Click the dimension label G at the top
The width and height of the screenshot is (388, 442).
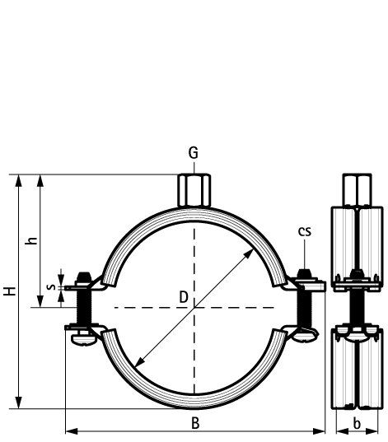pos(194,153)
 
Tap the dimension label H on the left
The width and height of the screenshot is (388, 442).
pos(8,291)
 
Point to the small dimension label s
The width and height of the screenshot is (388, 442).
pos(51,287)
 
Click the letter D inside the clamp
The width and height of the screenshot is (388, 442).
pos(183,296)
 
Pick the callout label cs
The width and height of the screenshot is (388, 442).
pos(305,231)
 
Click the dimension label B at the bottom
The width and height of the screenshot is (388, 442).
pos(195,422)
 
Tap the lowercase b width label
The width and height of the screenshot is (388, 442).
pos(356,422)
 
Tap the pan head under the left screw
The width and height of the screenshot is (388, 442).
pos(82,336)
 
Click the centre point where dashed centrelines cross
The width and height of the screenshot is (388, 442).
pos(194,307)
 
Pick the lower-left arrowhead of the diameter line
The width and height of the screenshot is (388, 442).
pos(137,365)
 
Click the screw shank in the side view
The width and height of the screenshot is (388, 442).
pos(355,307)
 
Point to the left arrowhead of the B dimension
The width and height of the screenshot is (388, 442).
pos(68,430)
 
